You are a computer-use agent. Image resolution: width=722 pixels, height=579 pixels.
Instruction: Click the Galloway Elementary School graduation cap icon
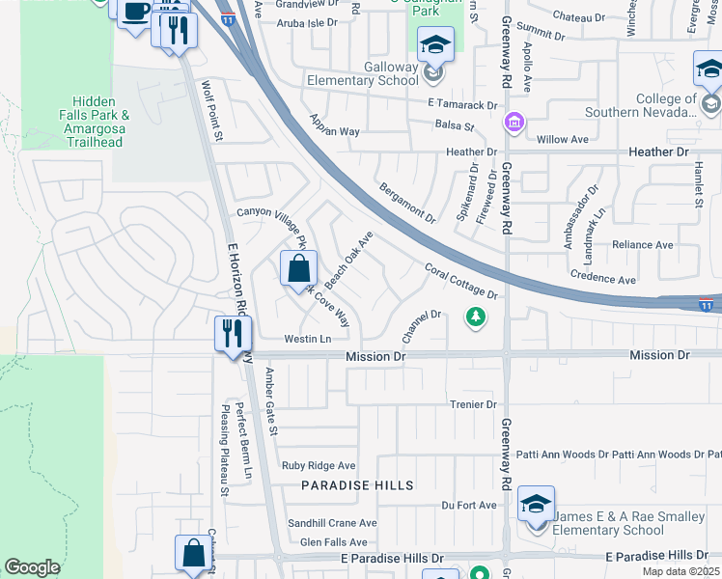click(435, 44)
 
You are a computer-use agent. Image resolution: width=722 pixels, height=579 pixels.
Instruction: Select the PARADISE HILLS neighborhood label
click(357, 485)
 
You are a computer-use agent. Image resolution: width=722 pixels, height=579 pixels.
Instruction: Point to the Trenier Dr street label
click(472, 404)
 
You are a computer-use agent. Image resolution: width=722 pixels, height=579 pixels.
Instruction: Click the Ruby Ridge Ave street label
click(319, 465)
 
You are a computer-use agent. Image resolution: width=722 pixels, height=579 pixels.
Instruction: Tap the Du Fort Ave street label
click(468, 505)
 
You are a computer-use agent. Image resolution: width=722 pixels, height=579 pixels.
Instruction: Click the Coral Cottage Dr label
click(460, 280)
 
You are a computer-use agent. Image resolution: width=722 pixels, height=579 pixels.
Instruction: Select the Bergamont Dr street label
click(407, 203)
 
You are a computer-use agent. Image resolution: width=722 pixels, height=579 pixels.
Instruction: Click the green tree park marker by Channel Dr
click(474, 316)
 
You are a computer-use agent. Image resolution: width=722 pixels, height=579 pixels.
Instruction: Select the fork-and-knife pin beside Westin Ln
click(233, 334)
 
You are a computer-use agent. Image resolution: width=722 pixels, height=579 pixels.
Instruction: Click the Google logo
click(32, 567)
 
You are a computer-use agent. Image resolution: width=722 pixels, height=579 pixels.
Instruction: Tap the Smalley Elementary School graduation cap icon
click(536, 503)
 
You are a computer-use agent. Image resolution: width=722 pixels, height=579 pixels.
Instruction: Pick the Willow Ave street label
click(562, 139)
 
